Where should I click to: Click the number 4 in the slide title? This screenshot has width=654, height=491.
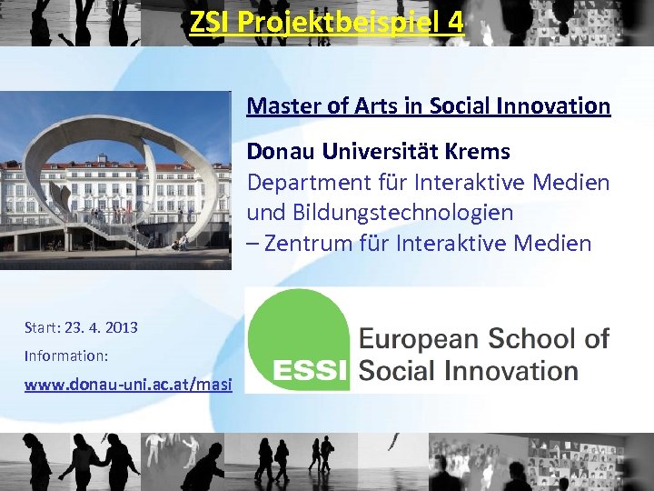[455, 21]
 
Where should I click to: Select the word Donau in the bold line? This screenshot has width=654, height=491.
[279, 151]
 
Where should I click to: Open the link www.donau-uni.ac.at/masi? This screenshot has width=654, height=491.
[128, 385]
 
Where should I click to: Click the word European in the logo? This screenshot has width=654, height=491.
[420, 340]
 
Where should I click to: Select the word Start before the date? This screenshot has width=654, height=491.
[42, 327]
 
